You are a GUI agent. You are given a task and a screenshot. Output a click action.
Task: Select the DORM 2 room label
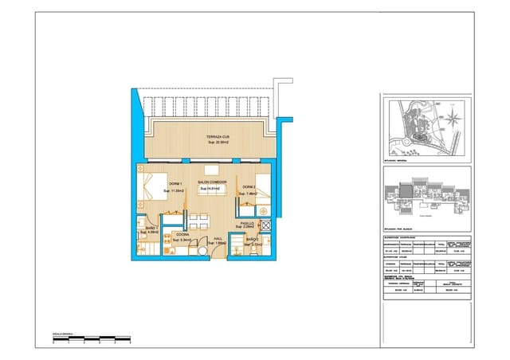click(x=248, y=186)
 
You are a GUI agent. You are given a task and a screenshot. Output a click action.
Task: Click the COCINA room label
click(x=182, y=235)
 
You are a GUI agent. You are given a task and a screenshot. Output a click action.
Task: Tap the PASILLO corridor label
click(x=248, y=224)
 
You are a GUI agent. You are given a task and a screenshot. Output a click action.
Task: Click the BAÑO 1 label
click(x=152, y=229)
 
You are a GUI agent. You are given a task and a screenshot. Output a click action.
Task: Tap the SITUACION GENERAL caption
click(x=398, y=159)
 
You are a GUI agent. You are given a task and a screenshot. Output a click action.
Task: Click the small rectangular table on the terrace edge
click(x=211, y=170)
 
